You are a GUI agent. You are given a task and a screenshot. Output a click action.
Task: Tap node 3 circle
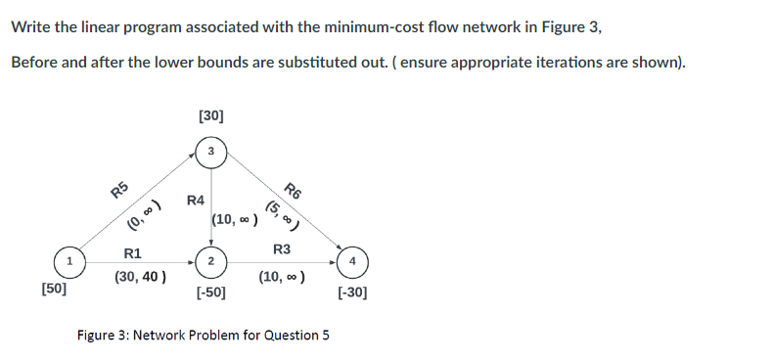210,151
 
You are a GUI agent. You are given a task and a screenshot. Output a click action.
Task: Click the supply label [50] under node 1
55,291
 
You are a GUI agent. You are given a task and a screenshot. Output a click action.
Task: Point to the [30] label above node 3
210,115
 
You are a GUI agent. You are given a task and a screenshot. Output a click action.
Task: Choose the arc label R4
195,201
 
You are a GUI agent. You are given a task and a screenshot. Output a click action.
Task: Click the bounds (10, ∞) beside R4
235,220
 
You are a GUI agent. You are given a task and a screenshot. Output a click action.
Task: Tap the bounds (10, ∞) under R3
282,277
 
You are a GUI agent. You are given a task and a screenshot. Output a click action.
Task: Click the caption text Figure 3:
103,336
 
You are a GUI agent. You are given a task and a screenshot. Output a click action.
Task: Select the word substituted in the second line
285,62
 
